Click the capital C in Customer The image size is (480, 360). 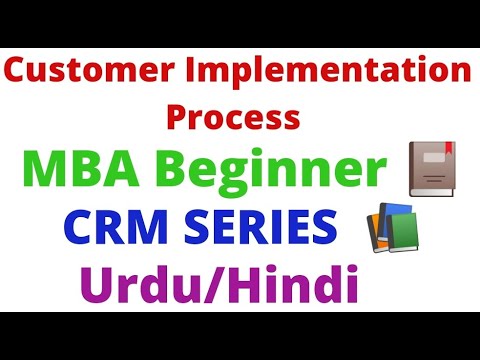[x=23, y=74]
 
